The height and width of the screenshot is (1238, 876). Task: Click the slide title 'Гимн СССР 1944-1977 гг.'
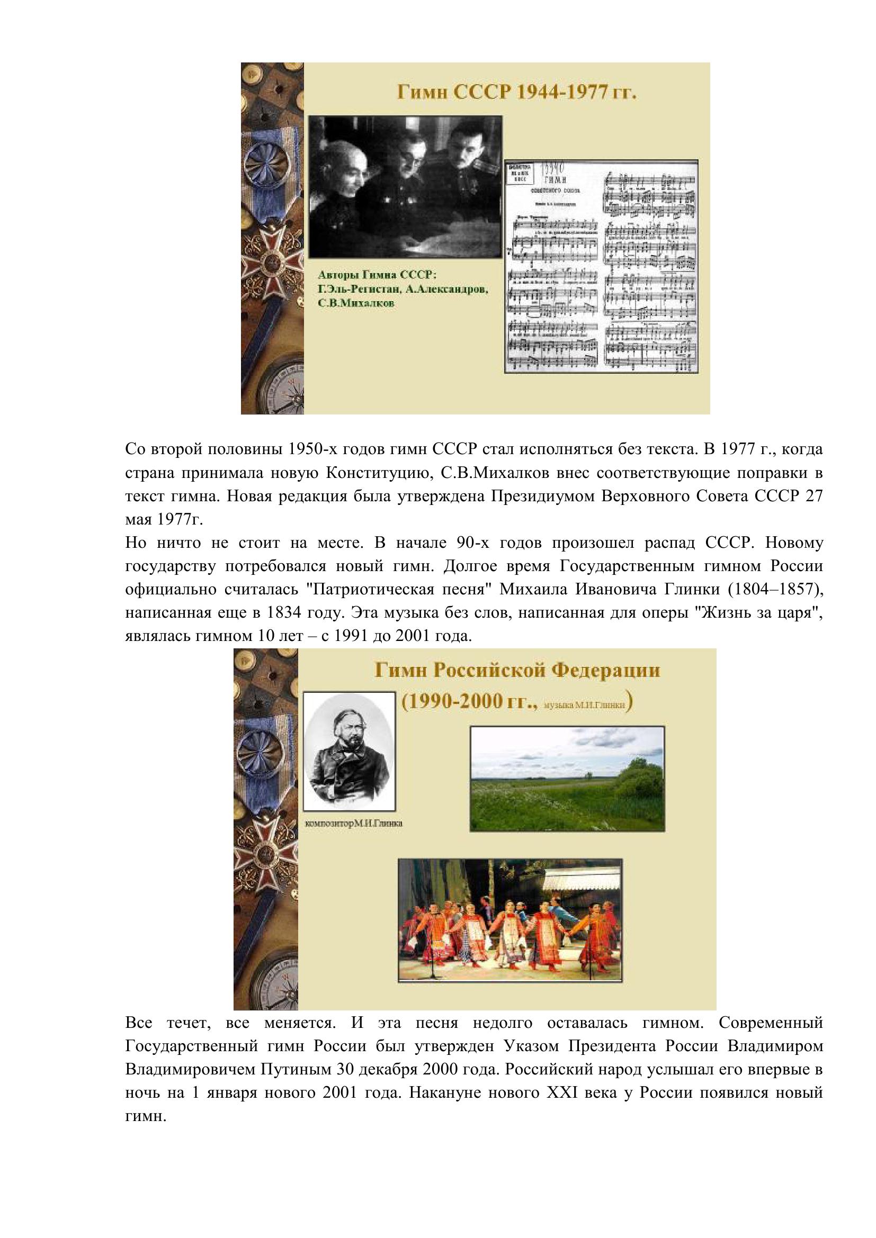click(517, 93)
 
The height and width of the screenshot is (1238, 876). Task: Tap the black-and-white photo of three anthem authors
click(405, 186)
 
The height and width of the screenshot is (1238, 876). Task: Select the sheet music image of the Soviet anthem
click(601, 266)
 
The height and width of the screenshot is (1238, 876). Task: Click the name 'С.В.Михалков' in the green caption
click(356, 304)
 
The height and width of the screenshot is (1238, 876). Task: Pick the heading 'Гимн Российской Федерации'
click(517, 671)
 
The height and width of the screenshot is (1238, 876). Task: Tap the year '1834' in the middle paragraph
click(285, 613)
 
